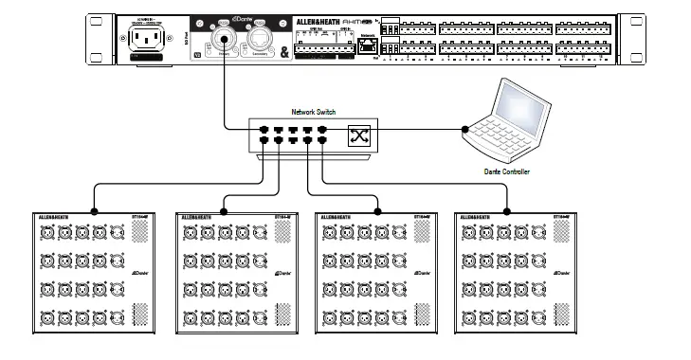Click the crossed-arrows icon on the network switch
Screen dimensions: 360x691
tap(360, 135)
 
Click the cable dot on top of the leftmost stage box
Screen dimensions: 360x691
tap(93, 211)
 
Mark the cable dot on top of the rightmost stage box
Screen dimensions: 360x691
tap(505, 211)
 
